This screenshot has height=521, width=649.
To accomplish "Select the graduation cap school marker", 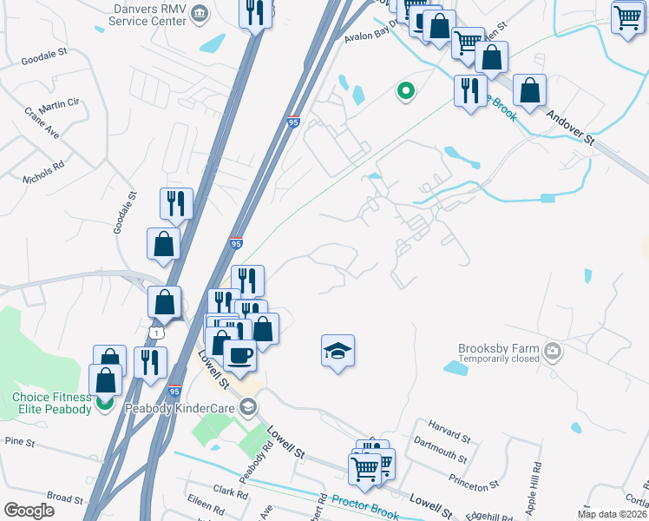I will (x=338, y=351).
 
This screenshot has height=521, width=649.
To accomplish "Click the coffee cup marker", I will (x=239, y=354).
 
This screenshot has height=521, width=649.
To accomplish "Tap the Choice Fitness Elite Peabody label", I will (x=51, y=403).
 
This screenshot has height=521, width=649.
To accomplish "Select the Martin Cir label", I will (x=59, y=104).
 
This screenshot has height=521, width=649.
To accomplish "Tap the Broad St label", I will (x=64, y=498).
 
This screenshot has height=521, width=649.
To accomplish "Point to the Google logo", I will (x=29, y=511).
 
